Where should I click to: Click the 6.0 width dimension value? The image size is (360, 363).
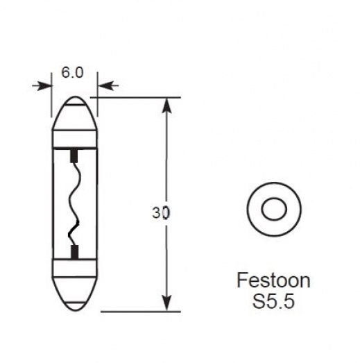tap(74, 72)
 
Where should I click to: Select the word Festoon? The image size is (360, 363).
tap(273, 281)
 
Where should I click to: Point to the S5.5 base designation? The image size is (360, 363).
tap(273, 303)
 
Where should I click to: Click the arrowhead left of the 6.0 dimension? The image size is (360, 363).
tap(44, 85)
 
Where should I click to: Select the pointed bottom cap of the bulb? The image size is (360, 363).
tap(74, 298)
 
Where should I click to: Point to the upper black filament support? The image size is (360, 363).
tap(74, 153)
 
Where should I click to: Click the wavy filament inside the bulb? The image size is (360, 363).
tap(74, 201)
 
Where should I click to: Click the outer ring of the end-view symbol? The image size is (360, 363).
tap(255, 208)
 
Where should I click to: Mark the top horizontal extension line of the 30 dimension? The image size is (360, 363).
tap(139, 97)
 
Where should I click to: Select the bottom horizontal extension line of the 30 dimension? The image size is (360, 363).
tap(139, 311)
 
